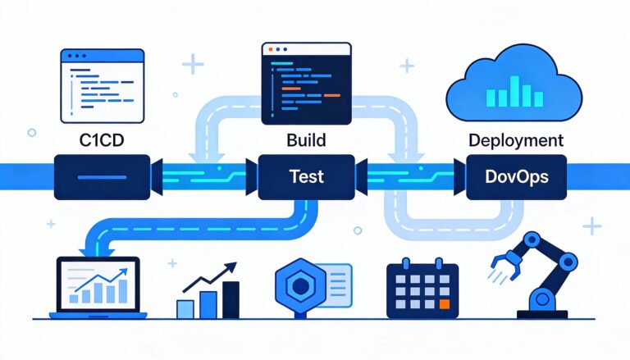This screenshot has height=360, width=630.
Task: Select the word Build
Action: click(306, 140)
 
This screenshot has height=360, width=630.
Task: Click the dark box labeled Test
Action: click(306, 175)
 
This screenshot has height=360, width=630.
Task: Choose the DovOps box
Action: click(516, 175)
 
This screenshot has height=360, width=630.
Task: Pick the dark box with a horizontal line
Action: click(102, 175)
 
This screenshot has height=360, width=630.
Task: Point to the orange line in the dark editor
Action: click(331, 96)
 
